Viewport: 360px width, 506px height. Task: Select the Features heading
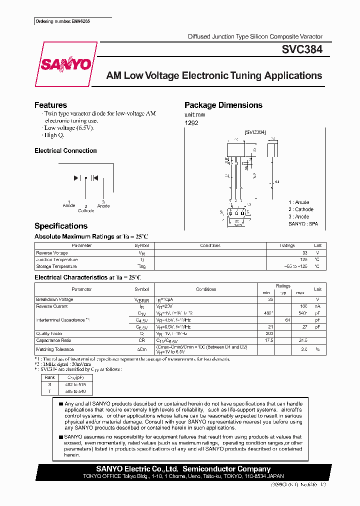pos(50,105)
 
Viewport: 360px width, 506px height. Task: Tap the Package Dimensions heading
pos(223,105)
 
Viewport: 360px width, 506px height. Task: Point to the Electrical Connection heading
pos(65,150)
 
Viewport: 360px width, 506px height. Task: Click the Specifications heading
pos(60,226)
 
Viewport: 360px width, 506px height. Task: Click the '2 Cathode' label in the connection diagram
pos(86,208)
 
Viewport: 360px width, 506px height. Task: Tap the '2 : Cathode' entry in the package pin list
pos(300,209)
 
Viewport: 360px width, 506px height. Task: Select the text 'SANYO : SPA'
pos(303,224)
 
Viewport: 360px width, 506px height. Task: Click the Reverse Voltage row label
pos(52,253)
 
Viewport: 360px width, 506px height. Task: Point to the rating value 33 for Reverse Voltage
pos(304,253)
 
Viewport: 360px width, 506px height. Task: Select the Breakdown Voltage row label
pos(54,299)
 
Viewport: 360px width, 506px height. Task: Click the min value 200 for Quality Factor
pos(270,333)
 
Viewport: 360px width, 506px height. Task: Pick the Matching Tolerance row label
pos(55,349)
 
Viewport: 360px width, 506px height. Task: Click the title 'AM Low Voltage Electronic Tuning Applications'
pos(214,76)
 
